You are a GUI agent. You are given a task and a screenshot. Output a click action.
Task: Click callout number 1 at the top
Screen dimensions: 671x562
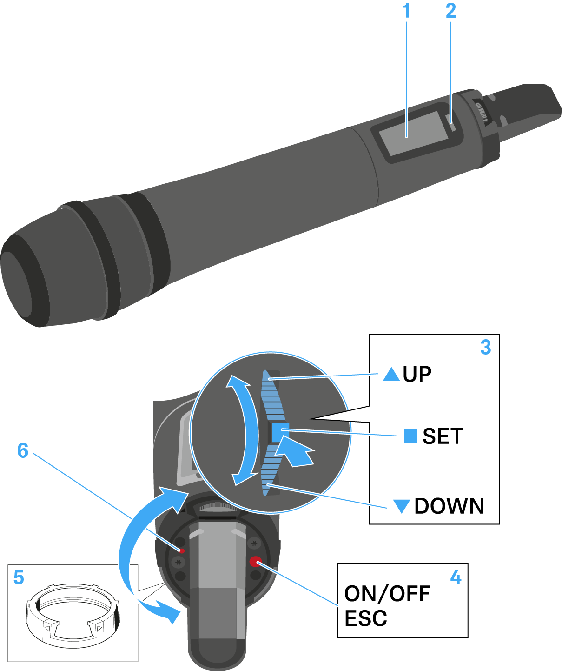coord(407,11)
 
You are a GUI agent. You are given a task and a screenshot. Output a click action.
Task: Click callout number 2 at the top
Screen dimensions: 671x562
coord(451,11)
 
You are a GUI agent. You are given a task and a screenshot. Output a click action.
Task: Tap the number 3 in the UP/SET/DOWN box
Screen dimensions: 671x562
coord(485,347)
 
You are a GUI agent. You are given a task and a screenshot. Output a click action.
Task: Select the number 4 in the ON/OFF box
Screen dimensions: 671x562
coord(456,577)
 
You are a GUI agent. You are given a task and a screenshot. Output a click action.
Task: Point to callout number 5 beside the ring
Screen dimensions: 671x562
coord(19,577)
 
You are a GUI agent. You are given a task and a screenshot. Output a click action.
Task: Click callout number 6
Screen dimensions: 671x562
coord(23,450)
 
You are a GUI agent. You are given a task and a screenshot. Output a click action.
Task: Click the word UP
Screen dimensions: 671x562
coord(417,374)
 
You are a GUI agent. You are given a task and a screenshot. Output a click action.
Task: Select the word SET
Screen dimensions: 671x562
coord(443,436)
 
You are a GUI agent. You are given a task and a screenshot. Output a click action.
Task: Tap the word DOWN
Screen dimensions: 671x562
coord(449,506)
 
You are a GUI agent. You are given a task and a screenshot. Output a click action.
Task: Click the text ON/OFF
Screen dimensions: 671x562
coord(387,594)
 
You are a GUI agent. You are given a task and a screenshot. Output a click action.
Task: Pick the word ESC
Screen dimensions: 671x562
coord(366,618)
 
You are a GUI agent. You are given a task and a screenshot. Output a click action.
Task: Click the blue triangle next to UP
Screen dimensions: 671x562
coord(391,374)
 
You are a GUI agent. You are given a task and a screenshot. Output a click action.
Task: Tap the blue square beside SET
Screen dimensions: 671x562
coord(410,436)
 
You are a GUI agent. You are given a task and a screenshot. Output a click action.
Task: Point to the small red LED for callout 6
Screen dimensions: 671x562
coord(182,551)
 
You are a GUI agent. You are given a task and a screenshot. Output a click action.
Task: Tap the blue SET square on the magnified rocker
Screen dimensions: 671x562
coord(280,432)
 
